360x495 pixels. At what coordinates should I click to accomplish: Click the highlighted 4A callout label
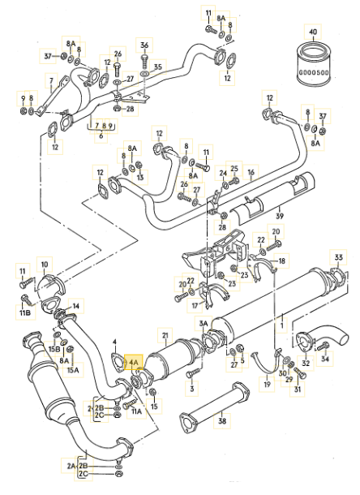pos(134,363)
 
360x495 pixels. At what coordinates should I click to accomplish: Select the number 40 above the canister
pos(313,32)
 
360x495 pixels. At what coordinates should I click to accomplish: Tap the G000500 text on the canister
pos(314,72)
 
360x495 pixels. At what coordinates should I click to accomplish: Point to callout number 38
pos(222,420)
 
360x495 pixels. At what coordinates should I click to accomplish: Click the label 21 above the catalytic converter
pos(165,336)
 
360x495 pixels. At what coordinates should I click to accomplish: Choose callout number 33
pos(338,257)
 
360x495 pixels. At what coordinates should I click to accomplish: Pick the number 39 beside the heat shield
pos(280,216)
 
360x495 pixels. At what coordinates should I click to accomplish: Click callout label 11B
pos(25,312)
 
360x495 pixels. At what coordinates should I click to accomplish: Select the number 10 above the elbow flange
pos(45,265)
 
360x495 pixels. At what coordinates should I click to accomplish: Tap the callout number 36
pos(144,45)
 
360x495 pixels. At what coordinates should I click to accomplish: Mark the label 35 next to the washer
pos(157,67)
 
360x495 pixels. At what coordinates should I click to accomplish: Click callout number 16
pos(251,172)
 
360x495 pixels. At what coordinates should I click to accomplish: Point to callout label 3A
pos(204,323)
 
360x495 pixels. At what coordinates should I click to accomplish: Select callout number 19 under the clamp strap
pos(267,384)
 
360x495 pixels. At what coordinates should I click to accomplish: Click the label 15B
pos(54,349)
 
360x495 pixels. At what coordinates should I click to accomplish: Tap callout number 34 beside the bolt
pos(325,359)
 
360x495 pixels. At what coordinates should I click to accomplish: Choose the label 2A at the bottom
pos(71,466)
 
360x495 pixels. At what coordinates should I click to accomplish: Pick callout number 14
pos(76,306)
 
